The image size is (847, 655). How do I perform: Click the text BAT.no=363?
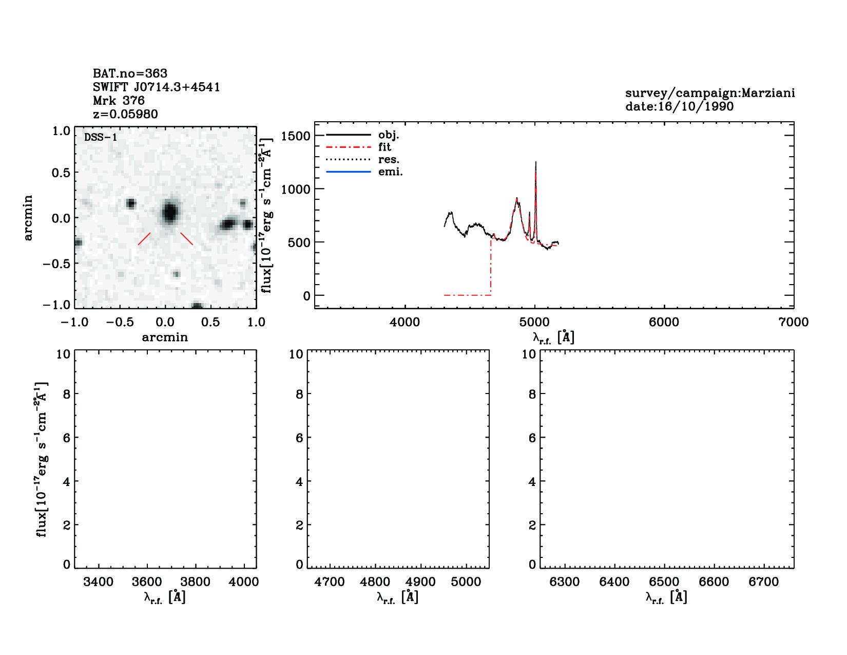(x=130, y=73)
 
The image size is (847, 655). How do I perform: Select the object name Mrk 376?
(x=119, y=101)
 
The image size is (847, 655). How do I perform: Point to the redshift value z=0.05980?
(x=125, y=114)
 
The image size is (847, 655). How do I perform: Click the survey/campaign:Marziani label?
(x=710, y=93)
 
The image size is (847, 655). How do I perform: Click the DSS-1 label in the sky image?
(x=101, y=138)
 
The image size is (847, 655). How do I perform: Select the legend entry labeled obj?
(x=389, y=135)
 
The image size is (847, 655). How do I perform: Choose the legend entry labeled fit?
(x=384, y=147)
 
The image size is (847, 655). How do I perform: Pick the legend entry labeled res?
(x=389, y=160)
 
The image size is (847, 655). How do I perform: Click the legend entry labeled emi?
(x=390, y=172)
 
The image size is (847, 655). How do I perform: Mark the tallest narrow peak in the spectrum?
(x=536, y=163)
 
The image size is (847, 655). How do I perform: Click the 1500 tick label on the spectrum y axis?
(x=296, y=136)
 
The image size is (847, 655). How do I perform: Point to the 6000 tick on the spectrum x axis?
(x=664, y=322)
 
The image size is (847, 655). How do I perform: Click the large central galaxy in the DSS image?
(x=169, y=212)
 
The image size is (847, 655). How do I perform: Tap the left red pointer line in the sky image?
(x=144, y=239)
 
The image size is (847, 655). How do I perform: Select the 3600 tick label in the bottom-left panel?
(x=147, y=582)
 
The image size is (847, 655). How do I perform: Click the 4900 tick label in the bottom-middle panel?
(x=420, y=582)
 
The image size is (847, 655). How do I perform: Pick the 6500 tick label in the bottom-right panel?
(x=664, y=582)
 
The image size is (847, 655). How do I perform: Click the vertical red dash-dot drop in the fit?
(x=491, y=267)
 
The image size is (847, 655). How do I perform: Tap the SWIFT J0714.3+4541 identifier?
(x=157, y=87)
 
